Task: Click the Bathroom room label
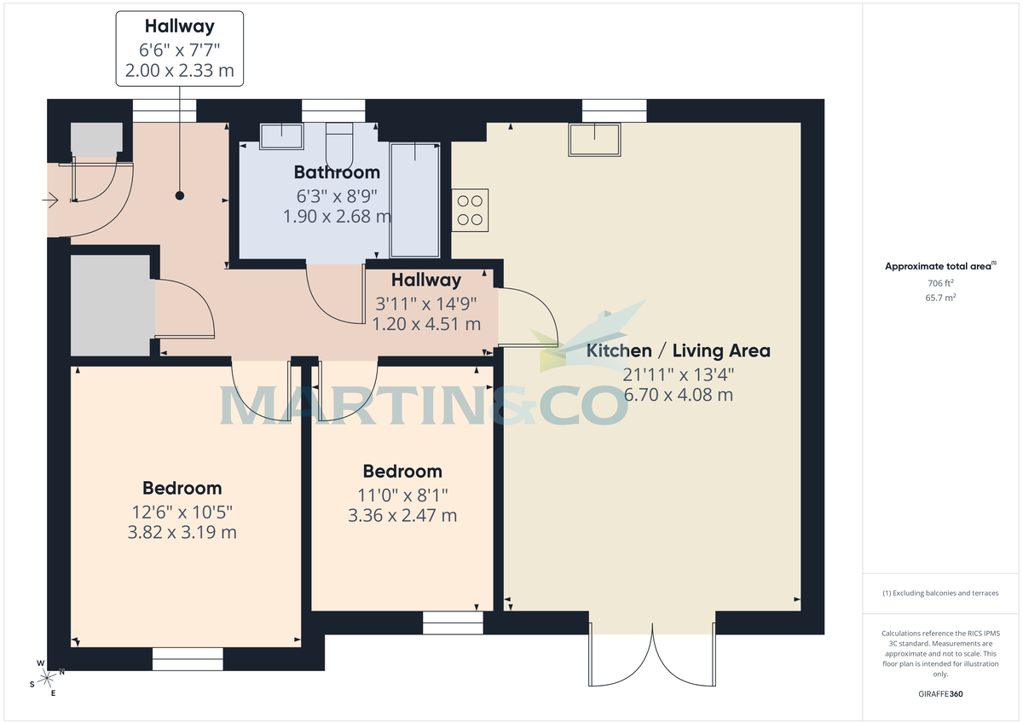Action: [337, 172]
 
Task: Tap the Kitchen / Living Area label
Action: [678, 350]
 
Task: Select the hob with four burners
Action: [470, 210]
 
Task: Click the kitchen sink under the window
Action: [595, 140]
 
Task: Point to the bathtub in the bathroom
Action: [415, 200]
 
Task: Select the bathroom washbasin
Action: [281, 136]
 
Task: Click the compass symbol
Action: [47, 678]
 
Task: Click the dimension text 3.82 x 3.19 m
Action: [181, 533]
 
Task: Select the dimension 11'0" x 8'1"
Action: [402, 494]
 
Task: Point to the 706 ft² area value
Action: [940, 282]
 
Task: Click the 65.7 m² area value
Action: [940, 297]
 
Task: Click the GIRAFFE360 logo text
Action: [940, 694]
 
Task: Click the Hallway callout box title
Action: [179, 26]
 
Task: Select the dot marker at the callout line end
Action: [179, 195]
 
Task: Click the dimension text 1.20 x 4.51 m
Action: [426, 324]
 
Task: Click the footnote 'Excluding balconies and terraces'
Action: [940, 593]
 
